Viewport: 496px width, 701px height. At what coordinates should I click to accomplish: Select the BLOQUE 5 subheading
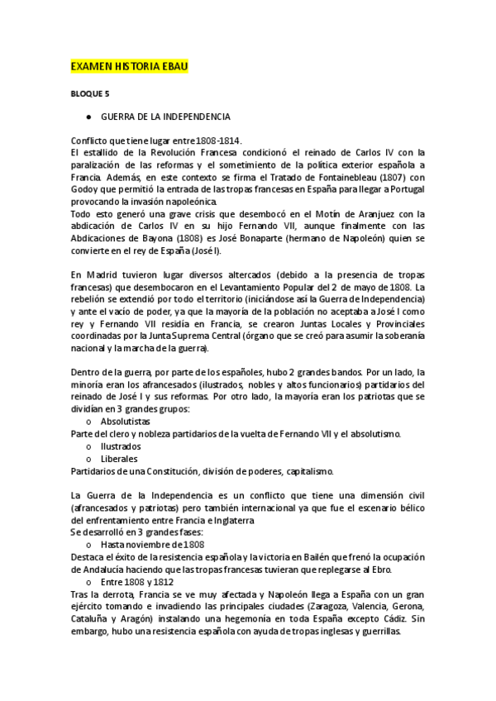click(90, 95)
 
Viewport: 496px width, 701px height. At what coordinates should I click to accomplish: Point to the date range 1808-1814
click(226, 141)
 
